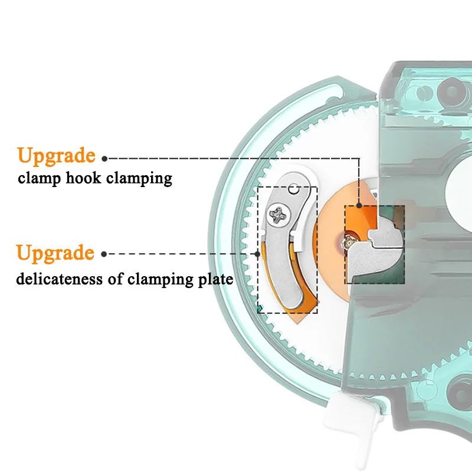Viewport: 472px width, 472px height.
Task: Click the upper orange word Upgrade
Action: tap(56, 156)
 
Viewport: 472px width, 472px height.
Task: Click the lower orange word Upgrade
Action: tap(55, 253)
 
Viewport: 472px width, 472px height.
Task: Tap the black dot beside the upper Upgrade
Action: tap(104, 158)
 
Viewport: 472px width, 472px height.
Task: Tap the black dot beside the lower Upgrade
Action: tap(104, 254)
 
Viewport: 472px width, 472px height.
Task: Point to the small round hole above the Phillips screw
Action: tap(293, 191)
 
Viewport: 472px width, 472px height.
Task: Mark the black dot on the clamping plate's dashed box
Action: tap(258, 254)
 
